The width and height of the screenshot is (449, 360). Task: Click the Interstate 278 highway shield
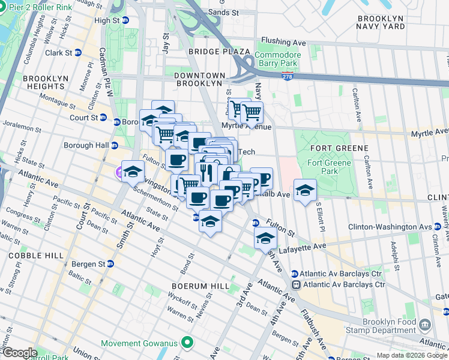click(x=287, y=76)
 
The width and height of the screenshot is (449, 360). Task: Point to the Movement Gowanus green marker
click(x=188, y=343)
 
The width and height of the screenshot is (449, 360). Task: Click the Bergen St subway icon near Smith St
click(x=110, y=264)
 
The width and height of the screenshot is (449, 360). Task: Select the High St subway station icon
click(x=125, y=20)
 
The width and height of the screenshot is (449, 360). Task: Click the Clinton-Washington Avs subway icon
click(x=438, y=227)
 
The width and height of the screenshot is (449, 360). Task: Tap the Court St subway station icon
click(x=103, y=118)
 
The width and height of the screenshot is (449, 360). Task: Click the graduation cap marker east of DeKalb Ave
click(x=305, y=190)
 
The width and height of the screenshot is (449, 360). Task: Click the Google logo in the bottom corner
click(x=19, y=353)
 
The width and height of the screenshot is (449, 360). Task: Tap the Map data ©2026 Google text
click(x=412, y=355)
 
